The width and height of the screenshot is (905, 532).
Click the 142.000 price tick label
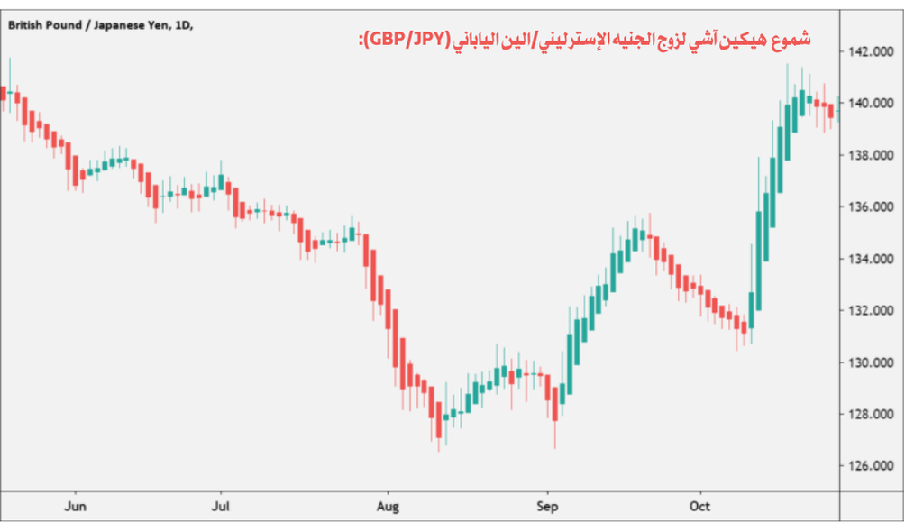pyautogui.click(x=870, y=51)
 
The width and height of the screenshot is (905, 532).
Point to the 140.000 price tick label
pyautogui.click(x=870, y=103)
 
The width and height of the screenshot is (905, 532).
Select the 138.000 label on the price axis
pyautogui.click(x=870, y=155)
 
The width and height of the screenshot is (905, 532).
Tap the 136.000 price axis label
pyautogui.click(x=870, y=206)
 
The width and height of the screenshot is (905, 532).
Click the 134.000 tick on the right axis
pyautogui.click(x=870, y=259)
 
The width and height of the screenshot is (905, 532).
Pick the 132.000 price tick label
pyautogui.click(x=870, y=310)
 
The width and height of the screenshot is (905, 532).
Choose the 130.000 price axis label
pyautogui.click(x=870, y=362)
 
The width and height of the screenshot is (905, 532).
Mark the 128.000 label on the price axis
pyautogui.click(x=870, y=414)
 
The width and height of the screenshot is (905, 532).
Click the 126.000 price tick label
pyautogui.click(x=870, y=466)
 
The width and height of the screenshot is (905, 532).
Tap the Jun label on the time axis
pyautogui.click(x=77, y=507)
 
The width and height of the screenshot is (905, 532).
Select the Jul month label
pyautogui.click(x=219, y=507)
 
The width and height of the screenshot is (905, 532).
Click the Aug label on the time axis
pyautogui.click(x=388, y=507)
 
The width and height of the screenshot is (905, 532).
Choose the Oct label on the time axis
pyautogui.click(x=699, y=507)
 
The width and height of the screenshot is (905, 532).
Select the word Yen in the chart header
pyautogui.click(x=156, y=25)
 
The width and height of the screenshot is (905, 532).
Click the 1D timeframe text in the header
pyautogui.click(x=182, y=25)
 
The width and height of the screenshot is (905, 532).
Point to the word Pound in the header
pyautogui.click(x=67, y=25)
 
